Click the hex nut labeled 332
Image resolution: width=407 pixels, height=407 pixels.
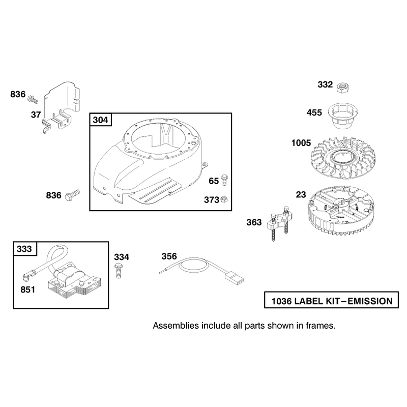tap(342, 88)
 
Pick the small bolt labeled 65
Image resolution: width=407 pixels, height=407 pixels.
tap(224, 180)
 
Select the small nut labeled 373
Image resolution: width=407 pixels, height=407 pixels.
tap(224, 199)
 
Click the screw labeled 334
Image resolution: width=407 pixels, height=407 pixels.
tap(118, 271)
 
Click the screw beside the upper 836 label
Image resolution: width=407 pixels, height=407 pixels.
tap(33, 99)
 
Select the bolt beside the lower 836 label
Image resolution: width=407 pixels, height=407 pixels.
tap(72, 195)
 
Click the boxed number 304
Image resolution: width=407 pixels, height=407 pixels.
tap(100, 120)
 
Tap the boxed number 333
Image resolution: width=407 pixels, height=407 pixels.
tap(24, 249)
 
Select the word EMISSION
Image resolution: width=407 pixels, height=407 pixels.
tap(370, 301)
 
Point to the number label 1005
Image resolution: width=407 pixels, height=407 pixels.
tap(301, 143)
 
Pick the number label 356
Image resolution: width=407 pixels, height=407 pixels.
tap(169, 256)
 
